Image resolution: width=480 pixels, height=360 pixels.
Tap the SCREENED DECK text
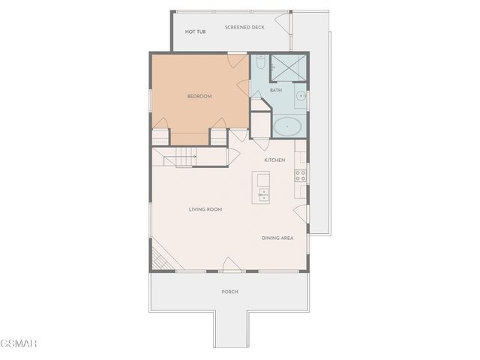[x=244, y=27]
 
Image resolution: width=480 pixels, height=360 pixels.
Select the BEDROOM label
[x=199, y=96]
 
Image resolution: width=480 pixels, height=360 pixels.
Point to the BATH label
[x=276, y=90]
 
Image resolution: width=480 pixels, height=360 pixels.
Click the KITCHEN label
[x=274, y=160]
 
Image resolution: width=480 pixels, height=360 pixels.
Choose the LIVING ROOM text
[x=205, y=209]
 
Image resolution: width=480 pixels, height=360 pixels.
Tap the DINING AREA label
[x=277, y=238]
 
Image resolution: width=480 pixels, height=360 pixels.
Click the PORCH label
[x=229, y=292]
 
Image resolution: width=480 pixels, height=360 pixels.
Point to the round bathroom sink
[x=300, y=96]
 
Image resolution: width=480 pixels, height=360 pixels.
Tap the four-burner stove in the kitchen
[x=300, y=175]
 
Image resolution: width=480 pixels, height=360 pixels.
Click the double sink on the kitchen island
[x=262, y=193]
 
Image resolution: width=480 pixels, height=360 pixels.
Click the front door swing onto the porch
[x=232, y=264]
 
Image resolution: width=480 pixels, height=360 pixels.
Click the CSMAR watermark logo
[x=18, y=343]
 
